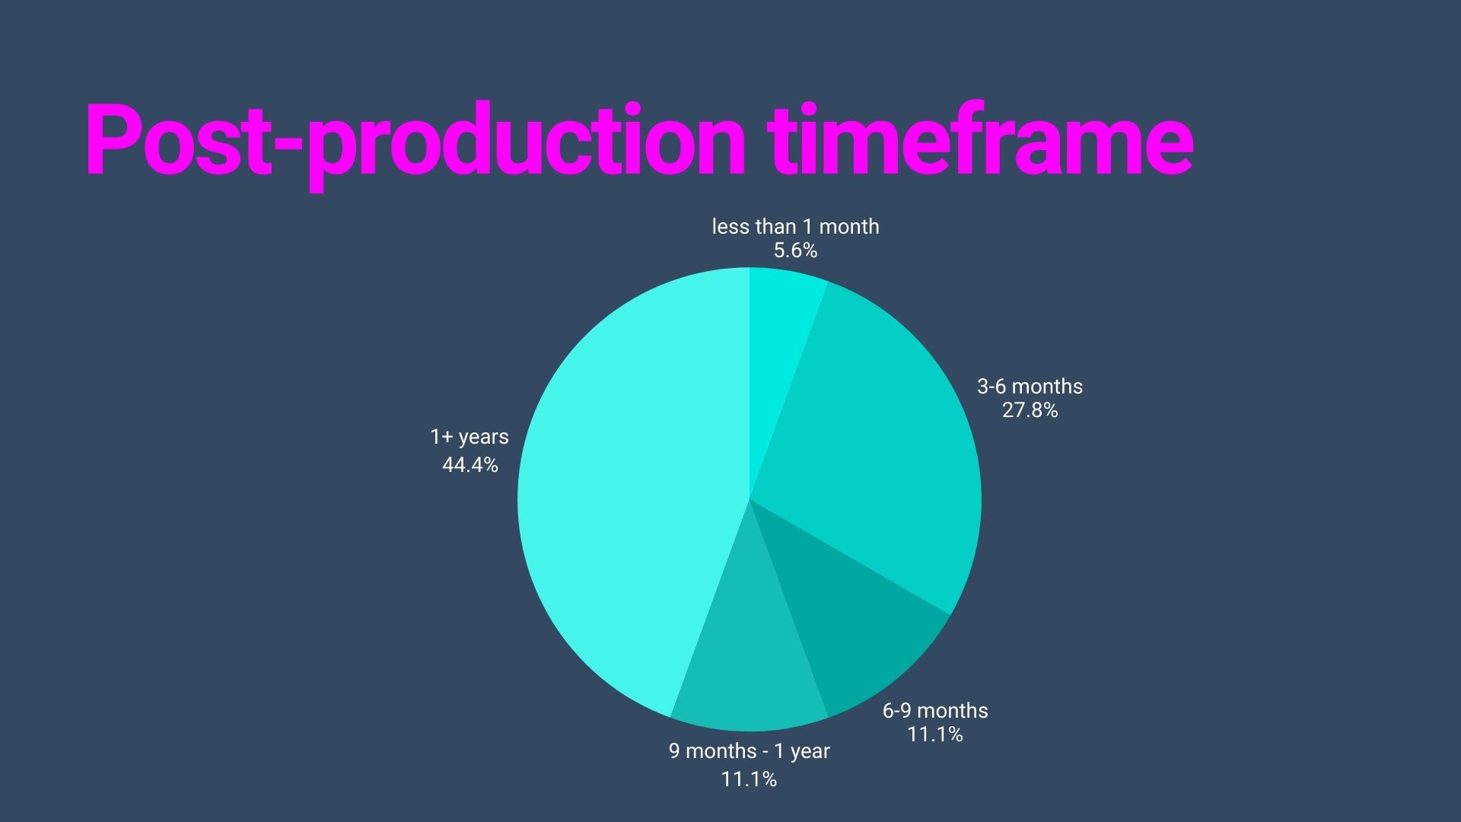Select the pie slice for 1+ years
coord(632,495)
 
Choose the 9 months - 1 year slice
coord(746,670)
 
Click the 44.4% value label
coord(469,464)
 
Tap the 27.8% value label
coord(1030,411)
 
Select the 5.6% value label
coord(795,250)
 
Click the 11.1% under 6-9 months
coord(934,734)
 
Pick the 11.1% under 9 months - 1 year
coord(749,779)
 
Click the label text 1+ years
coord(469,437)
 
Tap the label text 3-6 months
coord(1030,386)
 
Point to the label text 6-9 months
coord(935,710)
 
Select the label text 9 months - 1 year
coord(749,751)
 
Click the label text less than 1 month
coord(795,226)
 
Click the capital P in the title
coord(114,141)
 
